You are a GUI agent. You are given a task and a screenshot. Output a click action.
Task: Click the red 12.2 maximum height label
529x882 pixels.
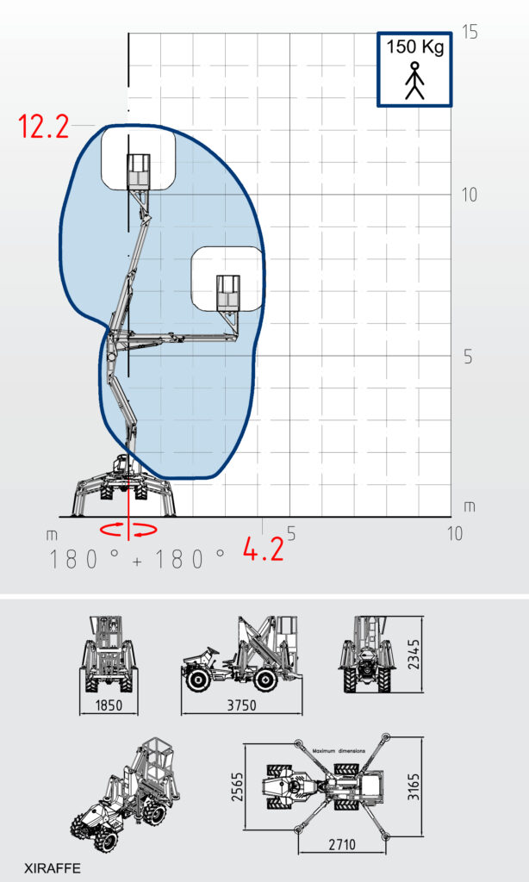click(x=44, y=126)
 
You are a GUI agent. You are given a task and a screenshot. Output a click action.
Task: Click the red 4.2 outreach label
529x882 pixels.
click(x=263, y=549)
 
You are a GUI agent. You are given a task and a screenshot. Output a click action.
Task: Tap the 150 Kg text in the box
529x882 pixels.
click(x=414, y=47)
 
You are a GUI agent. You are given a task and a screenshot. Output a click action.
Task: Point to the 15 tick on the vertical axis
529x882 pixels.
click(x=470, y=32)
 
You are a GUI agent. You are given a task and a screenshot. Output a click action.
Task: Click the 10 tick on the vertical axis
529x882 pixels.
click(x=469, y=196)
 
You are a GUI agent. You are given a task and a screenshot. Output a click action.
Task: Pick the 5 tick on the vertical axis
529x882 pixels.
click(x=468, y=357)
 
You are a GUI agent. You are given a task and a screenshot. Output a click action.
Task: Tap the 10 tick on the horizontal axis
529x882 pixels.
click(x=455, y=532)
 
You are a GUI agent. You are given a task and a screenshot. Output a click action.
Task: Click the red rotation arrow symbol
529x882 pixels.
click(x=128, y=530)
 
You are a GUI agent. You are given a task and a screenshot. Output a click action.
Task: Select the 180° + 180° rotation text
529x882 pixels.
click(x=137, y=559)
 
